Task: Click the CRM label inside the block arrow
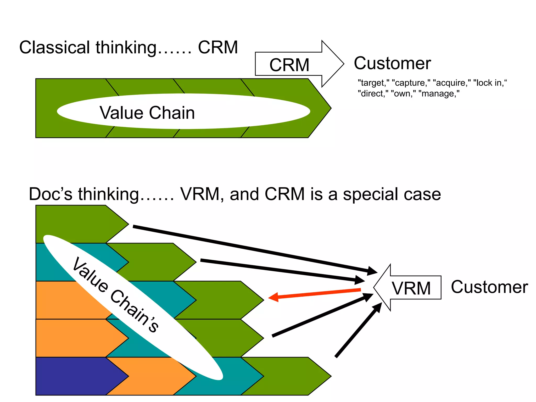(289, 65)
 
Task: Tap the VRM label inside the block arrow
(411, 288)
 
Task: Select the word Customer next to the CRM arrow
(392, 63)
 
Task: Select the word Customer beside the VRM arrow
(489, 287)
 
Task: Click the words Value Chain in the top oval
(147, 113)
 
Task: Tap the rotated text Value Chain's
(115, 294)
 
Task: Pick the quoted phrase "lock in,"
(490, 83)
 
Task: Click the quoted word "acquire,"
(452, 83)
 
